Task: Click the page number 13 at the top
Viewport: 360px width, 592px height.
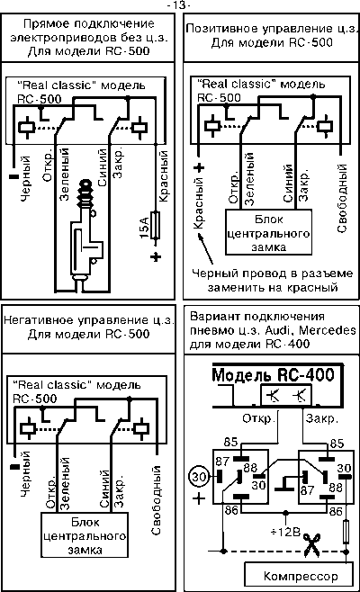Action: pos(180,4)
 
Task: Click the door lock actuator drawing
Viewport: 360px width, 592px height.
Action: pos(85,231)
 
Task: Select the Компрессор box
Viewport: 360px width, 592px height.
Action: pos(300,576)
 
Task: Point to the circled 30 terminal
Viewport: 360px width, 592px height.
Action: pos(198,477)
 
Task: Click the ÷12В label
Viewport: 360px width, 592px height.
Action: pos(285,532)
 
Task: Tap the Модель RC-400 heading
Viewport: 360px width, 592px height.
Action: pos(273,374)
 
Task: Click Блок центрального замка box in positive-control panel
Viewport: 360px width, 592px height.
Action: pos(268,232)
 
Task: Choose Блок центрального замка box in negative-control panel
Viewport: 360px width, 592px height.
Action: pos(85,535)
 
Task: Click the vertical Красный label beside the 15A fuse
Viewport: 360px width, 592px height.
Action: pos(163,176)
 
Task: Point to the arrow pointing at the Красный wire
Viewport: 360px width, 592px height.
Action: pos(205,248)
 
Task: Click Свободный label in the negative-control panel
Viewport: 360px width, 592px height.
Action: pos(156,500)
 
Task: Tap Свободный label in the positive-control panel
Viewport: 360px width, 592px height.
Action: pos(341,198)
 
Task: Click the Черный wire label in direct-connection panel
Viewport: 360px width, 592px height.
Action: pos(25,178)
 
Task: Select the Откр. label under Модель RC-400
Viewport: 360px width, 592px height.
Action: pos(258,418)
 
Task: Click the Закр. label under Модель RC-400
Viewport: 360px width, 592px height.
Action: pos(322,418)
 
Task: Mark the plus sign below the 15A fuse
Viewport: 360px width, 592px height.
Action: pos(156,256)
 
